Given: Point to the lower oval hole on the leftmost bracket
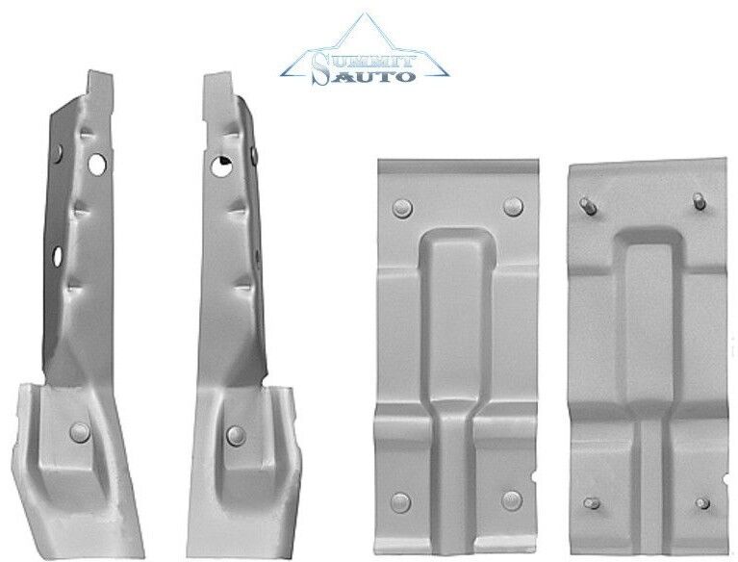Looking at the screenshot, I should point(58,256).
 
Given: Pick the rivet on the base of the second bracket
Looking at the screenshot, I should point(235,435).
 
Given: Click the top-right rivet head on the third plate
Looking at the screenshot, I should point(513,206).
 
